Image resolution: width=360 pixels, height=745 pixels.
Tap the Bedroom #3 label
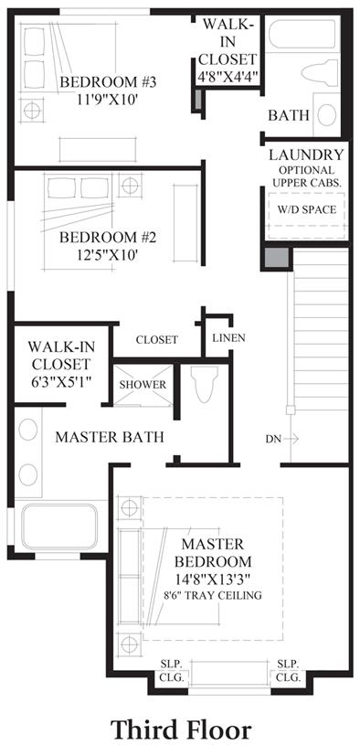(108, 81)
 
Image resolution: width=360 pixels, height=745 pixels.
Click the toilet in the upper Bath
(320, 73)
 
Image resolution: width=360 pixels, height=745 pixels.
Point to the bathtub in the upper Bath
(302, 33)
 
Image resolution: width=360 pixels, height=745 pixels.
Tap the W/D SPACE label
(307, 209)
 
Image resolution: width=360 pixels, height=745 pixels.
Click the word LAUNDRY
(306, 154)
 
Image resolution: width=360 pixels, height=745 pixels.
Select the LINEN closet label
(228, 338)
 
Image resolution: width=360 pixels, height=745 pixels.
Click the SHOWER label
(143, 385)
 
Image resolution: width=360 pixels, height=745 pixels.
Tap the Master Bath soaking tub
(59, 526)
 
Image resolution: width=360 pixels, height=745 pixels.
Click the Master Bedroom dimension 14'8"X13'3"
(212, 579)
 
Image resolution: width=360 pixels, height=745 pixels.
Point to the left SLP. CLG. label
(173, 670)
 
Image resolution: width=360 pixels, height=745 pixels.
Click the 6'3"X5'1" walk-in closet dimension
(59, 381)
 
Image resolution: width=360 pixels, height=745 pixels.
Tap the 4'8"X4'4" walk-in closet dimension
(228, 76)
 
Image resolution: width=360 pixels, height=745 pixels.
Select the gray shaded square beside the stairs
(277, 258)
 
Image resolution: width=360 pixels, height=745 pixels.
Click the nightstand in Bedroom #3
(32, 111)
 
